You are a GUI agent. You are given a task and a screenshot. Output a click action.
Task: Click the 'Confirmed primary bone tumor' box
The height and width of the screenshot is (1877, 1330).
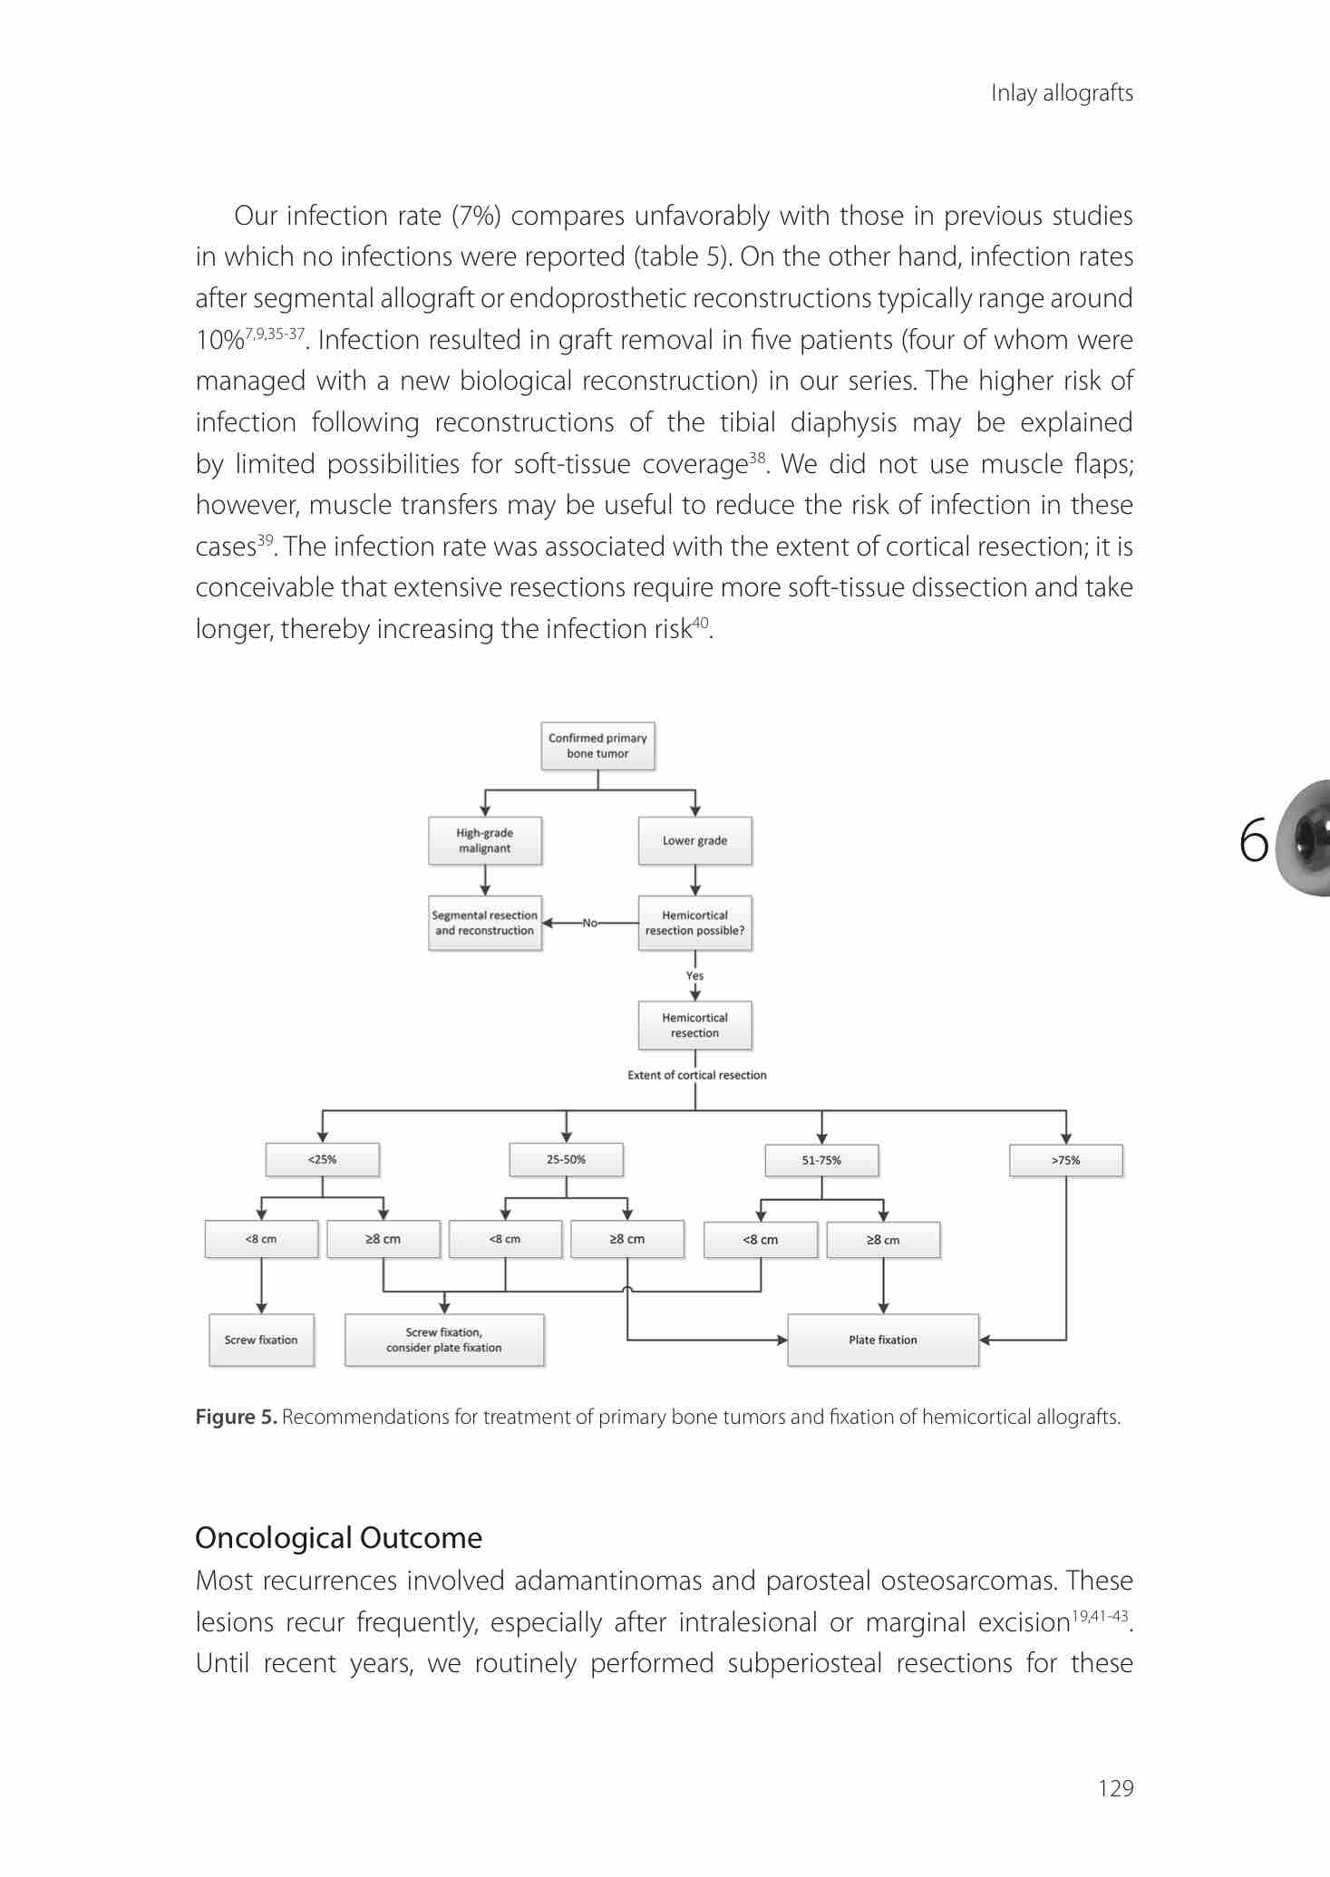tap(597, 746)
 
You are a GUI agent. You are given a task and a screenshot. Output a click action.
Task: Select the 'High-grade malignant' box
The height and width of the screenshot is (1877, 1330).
tap(484, 841)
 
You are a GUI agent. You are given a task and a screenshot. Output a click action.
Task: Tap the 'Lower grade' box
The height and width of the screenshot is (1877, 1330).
tap(694, 841)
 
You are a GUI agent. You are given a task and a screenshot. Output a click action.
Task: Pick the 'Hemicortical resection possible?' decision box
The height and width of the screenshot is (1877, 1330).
tap(694, 923)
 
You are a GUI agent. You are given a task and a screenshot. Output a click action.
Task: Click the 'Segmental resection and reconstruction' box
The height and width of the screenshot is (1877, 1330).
tap(484, 923)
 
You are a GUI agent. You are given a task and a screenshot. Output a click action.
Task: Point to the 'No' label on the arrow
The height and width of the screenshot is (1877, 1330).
tap(590, 923)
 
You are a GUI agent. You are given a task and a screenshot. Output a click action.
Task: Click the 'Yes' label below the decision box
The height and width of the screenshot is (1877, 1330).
tap(694, 976)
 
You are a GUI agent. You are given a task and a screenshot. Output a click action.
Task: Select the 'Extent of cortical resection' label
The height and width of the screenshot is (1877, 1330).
tap(696, 1075)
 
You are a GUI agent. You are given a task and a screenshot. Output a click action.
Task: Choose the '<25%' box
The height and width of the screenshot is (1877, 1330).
tap(322, 1159)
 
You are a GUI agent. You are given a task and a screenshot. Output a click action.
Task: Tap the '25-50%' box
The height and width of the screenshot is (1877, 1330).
tap(566, 1159)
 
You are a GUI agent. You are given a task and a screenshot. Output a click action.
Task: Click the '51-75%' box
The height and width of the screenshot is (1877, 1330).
tap(821, 1160)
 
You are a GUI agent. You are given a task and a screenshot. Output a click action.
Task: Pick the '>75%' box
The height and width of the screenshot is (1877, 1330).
tap(1065, 1160)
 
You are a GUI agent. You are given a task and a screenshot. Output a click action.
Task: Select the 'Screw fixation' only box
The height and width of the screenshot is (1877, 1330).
tap(261, 1340)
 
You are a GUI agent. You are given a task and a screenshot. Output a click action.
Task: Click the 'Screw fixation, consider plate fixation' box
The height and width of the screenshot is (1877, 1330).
tap(444, 1340)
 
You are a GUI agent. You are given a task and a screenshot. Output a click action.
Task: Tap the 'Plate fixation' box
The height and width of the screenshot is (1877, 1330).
tap(883, 1340)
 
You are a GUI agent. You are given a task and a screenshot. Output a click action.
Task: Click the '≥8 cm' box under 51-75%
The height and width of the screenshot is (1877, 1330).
tap(883, 1240)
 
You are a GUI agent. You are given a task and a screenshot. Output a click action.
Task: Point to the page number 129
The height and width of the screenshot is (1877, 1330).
tap(1115, 1787)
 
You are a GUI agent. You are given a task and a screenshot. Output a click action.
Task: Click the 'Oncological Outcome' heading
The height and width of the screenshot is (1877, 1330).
tap(338, 1538)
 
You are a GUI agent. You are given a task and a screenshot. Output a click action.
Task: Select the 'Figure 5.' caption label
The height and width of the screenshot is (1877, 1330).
tap(236, 1417)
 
